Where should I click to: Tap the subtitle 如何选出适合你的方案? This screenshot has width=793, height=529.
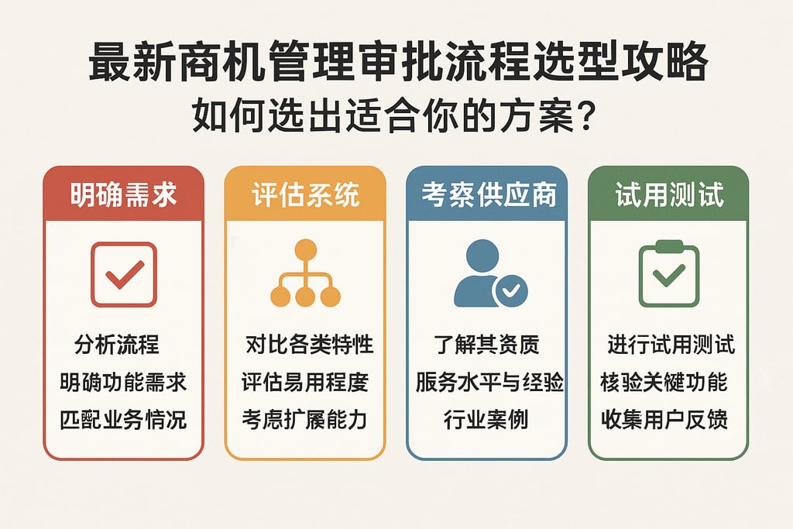(396, 118)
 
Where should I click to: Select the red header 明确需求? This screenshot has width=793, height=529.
(124, 194)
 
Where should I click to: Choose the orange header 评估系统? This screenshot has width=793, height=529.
(305, 194)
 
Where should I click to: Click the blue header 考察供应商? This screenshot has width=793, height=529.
(488, 194)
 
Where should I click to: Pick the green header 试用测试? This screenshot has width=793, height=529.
(669, 194)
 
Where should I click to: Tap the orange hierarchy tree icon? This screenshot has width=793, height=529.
(305, 273)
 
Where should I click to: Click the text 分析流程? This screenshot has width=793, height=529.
(117, 345)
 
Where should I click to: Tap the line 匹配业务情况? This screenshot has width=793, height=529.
(123, 420)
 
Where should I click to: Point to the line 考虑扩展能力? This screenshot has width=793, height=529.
(304, 420)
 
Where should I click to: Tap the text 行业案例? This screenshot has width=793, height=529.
(486, 420)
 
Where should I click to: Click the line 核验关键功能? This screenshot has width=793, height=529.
(664, 383)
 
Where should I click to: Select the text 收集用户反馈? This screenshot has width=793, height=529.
(664, 420)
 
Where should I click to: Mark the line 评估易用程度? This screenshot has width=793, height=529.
(304, 383)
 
